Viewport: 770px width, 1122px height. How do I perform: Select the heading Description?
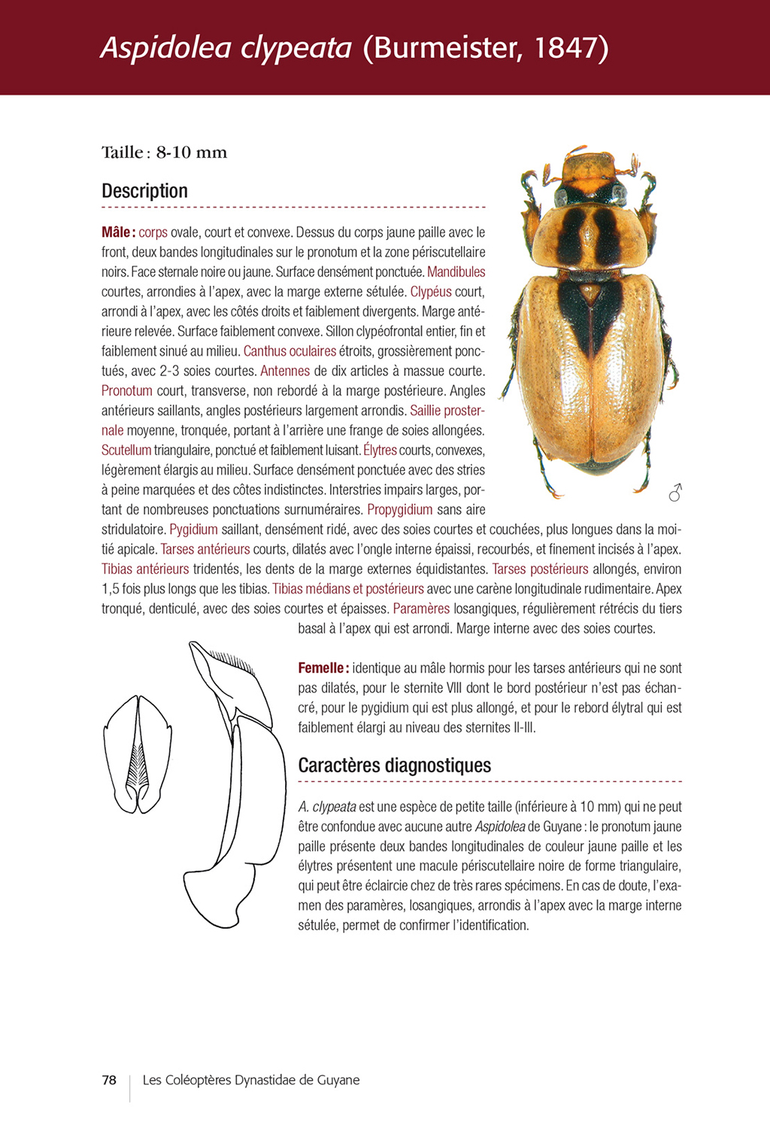(144, 191)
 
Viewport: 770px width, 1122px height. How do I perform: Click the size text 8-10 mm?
(191, 153)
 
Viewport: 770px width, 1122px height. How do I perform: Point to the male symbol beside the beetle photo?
(675, 493)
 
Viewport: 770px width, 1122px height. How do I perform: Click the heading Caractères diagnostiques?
(394, 766)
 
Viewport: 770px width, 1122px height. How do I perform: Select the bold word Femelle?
(322, 668)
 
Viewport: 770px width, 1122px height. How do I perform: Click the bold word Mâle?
(117, 232)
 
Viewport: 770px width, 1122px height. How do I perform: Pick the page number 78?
(109, 1080)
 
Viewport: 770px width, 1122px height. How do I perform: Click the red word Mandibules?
(456, 271)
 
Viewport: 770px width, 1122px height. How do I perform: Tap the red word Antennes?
(285, 371)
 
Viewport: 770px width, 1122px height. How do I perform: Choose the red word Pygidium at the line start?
(193, 529)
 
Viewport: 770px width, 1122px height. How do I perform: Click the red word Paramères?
(421, 608)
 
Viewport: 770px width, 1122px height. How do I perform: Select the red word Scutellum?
(126, 450)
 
